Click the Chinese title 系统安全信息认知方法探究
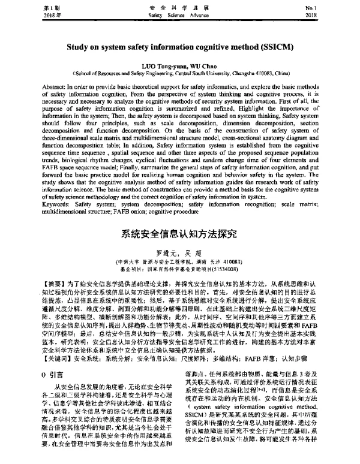(x=179, y=233)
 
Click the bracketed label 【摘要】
(x=33, y=281)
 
